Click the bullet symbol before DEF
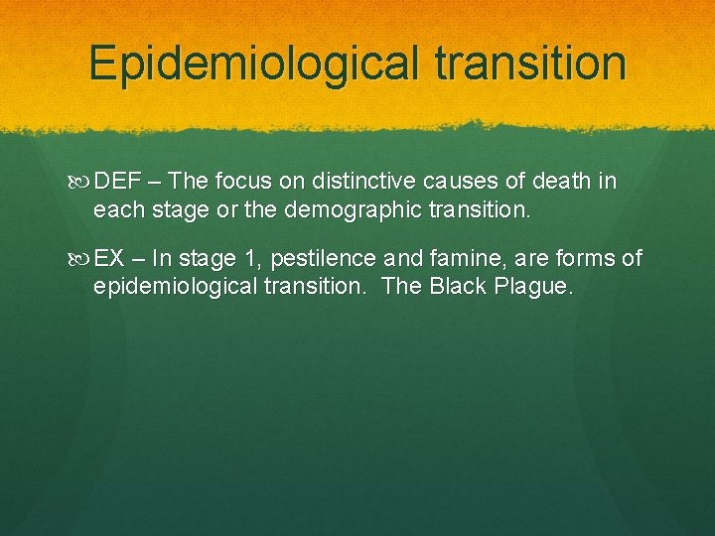pyautogui.click(x=81, y=181)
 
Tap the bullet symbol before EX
pyautogui.click(x=81, y=259)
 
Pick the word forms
pyautogui.click(x=588, y=259)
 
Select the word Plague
pyautogui.click(x=539, y=288)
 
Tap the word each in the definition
pyautogui.click(x=113, y=209)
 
